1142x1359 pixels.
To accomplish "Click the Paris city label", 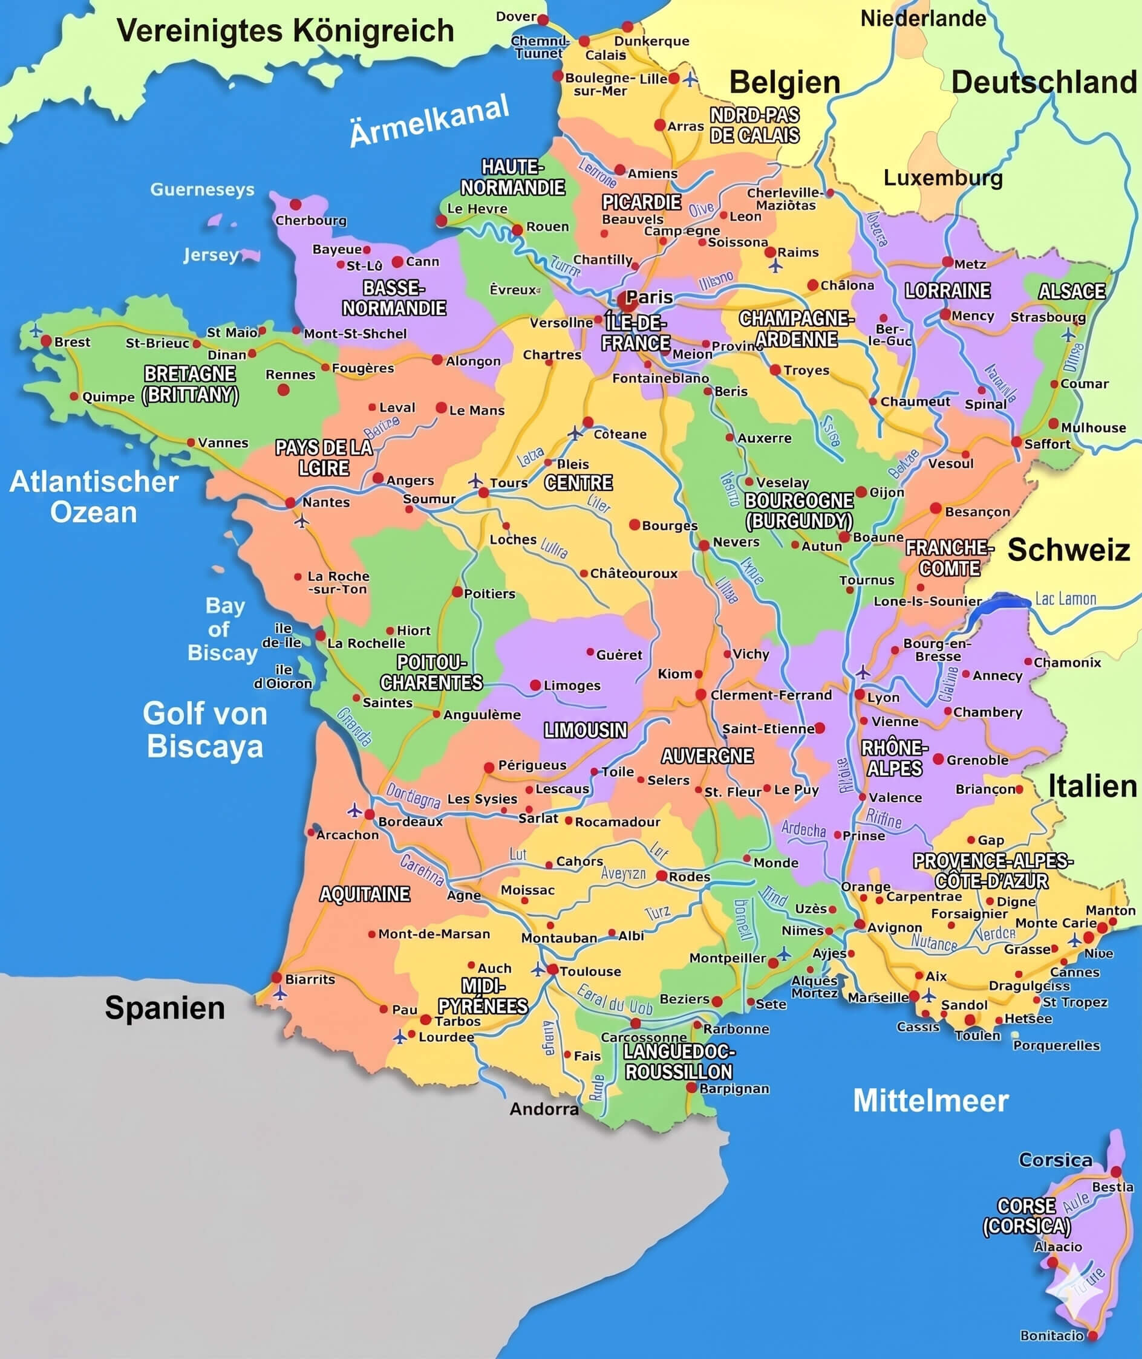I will click(650, 297).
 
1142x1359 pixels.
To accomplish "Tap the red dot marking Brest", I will click(46, 340).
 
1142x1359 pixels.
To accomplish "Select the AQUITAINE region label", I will click(365, 894).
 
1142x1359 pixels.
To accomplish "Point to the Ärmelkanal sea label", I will click(429, 122).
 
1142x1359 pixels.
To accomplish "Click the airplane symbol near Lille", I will click(691, 79).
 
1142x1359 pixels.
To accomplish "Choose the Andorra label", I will click(544, 1109).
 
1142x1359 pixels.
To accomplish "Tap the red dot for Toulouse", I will click(552, 970).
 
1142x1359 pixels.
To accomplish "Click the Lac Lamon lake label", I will click(1066, 598).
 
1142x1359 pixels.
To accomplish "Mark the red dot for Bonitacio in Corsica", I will click(1093, 1335).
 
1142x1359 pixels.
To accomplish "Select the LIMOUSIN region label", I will click(586, 731).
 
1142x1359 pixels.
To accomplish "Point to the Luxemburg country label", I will click(942, 178).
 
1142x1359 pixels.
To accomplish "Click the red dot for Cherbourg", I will click(296, 204).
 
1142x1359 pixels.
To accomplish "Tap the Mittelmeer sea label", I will click(930, 1101).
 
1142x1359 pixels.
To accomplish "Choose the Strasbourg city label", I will click(1048, 317).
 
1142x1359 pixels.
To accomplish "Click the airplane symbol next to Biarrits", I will click(279, 993).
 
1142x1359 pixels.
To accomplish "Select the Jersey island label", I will click(210, 255).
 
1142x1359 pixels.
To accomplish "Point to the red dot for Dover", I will click(543, 19).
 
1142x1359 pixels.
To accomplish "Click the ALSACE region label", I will click(1071, 291).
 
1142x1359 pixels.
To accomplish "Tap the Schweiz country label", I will click(1069, 550).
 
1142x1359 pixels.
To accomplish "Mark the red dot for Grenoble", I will click(938, 760).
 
